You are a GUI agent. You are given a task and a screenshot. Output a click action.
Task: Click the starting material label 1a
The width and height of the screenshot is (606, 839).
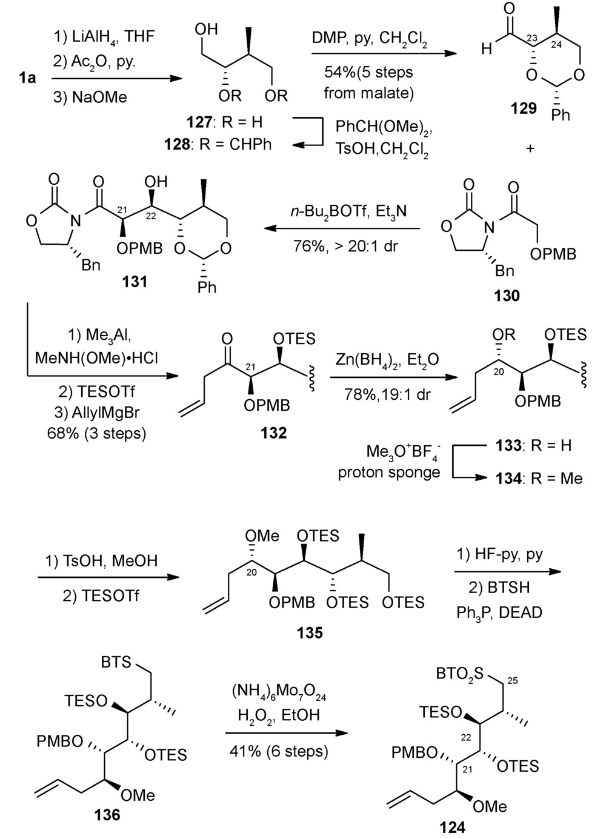pyautogui.click(x=27, y=78)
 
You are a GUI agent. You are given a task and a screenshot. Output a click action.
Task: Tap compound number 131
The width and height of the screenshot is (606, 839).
pyautogui.click(x=135, y=281)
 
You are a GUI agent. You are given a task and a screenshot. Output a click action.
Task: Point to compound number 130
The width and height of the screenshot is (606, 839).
pyautogui.click(x=507, y=296)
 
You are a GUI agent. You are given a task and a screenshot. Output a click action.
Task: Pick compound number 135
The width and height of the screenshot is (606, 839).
pyautogui.click(x=310, y=633)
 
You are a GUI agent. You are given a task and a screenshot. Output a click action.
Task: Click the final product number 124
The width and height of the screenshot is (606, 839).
pyautogui.click(x=452, y=826)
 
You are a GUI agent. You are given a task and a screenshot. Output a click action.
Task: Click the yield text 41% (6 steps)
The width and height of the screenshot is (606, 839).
pyautogui.click(x=279, y=752)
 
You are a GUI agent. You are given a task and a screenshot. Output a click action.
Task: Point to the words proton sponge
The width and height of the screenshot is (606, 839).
pyautogui.click(x=389, y=473)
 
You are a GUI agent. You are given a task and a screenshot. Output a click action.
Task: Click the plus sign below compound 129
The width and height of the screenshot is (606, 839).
pyautogui.click(x=531, y=147)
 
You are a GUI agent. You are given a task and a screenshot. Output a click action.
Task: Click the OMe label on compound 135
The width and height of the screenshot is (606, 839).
pyautogui.click(x=262, y=536)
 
